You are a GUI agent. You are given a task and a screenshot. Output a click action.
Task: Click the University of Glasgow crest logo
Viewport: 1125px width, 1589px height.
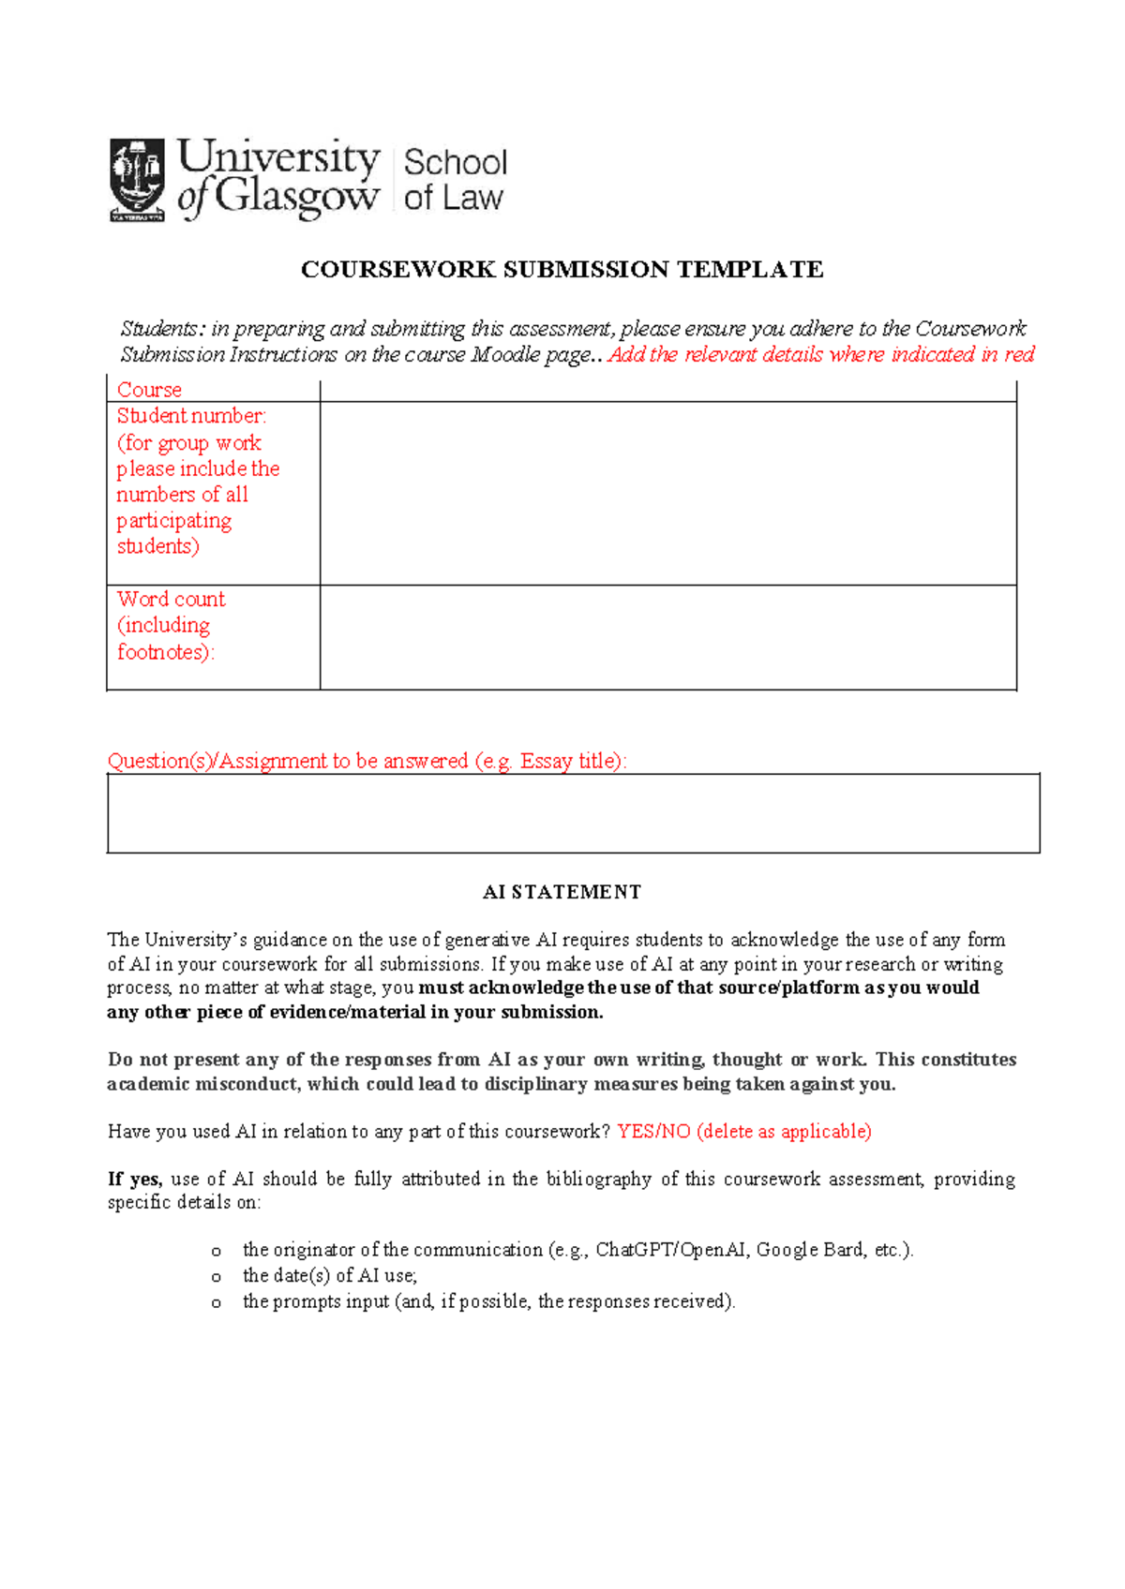click(x=137, y=179)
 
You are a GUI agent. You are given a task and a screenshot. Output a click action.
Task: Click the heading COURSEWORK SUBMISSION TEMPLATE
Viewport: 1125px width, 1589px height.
click(x=562, y=270)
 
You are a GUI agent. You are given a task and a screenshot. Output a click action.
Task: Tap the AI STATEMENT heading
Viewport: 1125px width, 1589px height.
click(x=562, y=892)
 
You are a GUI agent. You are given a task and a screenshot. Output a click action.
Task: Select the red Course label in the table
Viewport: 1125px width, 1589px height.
click(x=149, y=390)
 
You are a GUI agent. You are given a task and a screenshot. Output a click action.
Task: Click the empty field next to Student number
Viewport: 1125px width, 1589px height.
click(x=667, y=493)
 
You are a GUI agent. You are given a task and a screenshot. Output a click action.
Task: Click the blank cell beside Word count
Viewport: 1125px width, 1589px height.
click(x=667, y=637)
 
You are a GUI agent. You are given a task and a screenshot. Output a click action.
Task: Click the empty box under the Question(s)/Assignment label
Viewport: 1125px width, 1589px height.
click(x=573, y=813)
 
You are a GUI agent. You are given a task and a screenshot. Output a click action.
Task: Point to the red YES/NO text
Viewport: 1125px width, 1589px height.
click(x=653, y=1132)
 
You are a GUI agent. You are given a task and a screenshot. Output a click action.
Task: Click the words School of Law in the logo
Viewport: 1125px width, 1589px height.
click(x=455, y=180)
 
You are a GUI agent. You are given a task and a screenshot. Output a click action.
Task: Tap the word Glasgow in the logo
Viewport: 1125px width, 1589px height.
click(x=296, y=197)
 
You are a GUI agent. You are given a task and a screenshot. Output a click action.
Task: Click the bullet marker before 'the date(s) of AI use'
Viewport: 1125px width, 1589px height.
click(x=217, y=1276)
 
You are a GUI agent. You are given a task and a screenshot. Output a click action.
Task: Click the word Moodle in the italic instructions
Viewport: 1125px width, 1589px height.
click(x=504, y=355)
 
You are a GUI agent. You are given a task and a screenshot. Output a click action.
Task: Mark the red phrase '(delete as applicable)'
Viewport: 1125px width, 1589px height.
click(x=784, y=1132)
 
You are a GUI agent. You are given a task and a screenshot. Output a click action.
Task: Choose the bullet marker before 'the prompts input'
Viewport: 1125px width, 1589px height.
click(x=217, y=1302)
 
